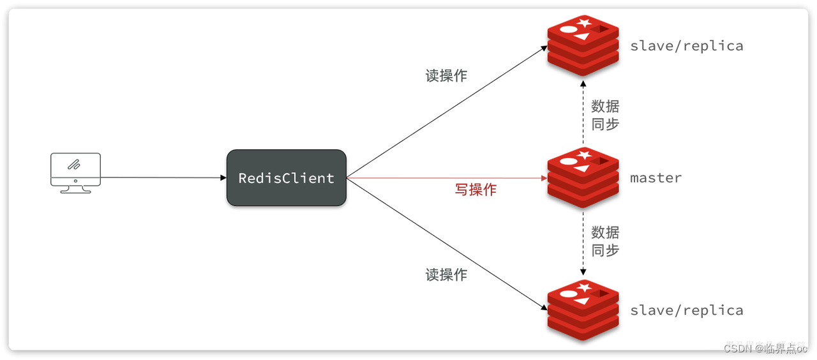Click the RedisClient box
287,178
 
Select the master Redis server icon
583,177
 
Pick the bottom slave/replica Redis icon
583,310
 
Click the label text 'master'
656,178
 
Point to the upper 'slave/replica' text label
686,46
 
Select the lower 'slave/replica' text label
686,310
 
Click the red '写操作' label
476,190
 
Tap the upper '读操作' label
446,75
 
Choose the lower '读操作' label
446,274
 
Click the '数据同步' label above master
604,115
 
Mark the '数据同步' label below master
604,241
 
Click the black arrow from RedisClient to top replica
447,112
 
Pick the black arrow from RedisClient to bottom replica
447,244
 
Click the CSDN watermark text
766,348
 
